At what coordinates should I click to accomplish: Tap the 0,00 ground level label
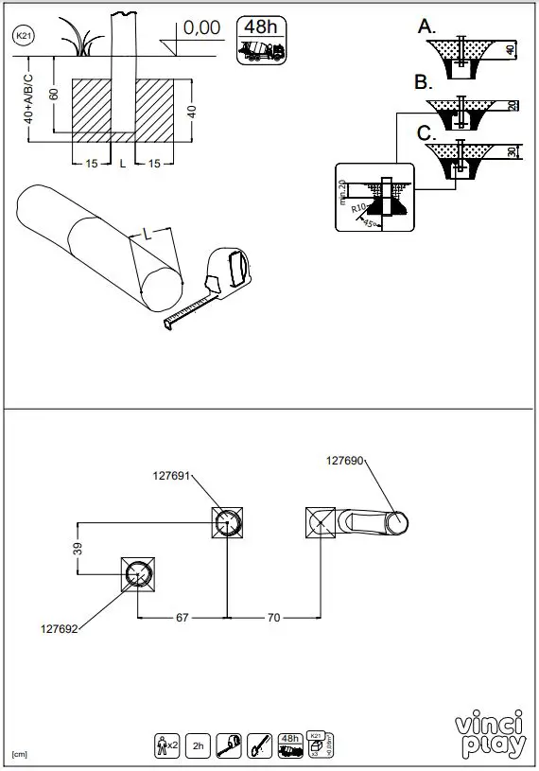coord(201,28)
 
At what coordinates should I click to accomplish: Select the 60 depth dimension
coord(56,93)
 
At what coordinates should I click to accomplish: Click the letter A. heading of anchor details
coord(426,26)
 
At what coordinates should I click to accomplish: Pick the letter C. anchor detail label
coord(426,132)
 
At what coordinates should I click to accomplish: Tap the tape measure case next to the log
coord(229,267)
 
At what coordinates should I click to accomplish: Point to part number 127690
coord(345,461)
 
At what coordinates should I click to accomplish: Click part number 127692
coord(60,627)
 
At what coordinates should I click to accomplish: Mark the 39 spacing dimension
coord(79,548)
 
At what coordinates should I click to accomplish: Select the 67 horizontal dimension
coord(183,618)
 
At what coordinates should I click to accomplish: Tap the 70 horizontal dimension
coord(274,618)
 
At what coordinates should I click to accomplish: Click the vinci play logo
coord(490,736)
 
